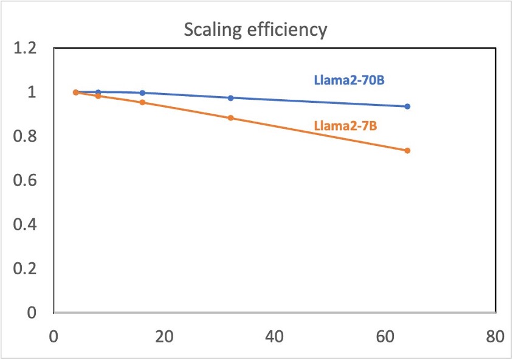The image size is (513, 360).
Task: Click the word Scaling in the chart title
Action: [213, 30]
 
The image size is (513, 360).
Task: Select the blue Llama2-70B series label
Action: [349, 80]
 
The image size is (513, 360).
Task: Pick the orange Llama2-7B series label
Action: [345, 126]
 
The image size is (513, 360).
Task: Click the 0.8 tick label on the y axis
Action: [25, 136]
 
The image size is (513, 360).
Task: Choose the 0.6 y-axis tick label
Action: [25, 181]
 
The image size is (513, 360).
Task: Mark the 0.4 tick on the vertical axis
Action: [25, 224]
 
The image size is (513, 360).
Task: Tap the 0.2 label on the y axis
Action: [25, 269]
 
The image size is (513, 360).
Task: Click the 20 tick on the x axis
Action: [164, 337]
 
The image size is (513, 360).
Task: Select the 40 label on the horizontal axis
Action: [275, 337]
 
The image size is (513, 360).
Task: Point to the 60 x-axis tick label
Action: [385, 337]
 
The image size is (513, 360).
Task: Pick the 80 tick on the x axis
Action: [495, 337]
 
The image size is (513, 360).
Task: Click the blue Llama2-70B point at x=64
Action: [407, 106]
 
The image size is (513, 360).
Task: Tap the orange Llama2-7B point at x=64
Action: [407, 151]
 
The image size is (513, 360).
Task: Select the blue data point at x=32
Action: [230, 98]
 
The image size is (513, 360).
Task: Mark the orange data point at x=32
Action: [230, 118]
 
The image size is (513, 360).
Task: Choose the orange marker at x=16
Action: [142, 102]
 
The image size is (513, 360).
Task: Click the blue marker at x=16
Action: [142, 93]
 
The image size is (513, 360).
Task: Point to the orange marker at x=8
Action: [98, 96]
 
